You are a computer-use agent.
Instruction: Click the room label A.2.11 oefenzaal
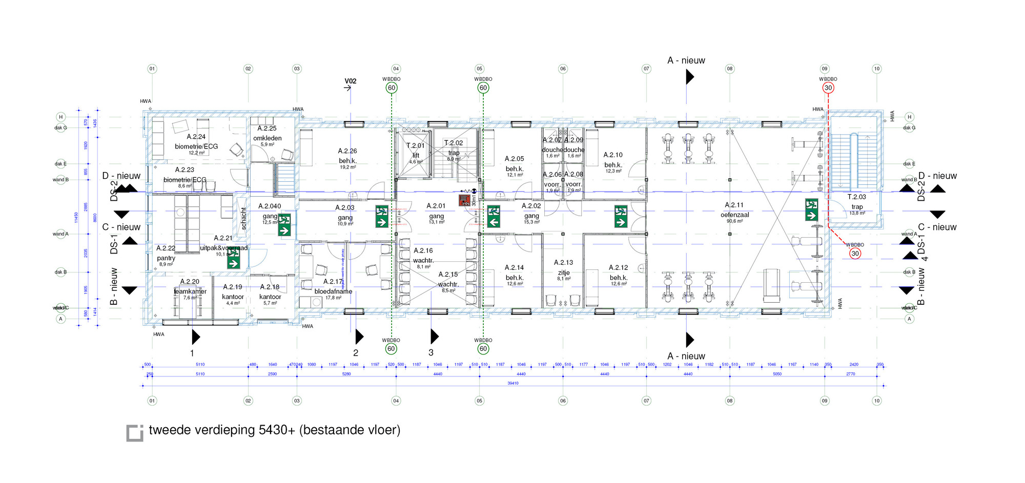(734, 210)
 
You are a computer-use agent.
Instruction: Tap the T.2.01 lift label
(415, 150)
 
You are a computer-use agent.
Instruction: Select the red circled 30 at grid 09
(828, 88)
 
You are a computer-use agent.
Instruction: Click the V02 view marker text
(350, 81)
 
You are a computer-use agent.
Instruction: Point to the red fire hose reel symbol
(465, 199)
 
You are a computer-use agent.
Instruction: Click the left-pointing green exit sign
(494, 217)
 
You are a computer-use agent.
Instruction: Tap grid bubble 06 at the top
(563, 69)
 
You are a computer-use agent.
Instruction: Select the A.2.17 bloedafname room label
(333, 287)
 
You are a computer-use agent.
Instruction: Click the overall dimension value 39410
(512, 383)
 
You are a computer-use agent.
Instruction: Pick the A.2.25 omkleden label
(267, 133)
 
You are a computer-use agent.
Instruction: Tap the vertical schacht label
(243, 218)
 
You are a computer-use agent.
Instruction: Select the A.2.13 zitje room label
(563, 267)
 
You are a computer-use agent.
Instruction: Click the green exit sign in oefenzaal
(811, 209)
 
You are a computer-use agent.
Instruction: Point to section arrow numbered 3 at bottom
(434, 337)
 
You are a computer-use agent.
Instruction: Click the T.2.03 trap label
(856, 202)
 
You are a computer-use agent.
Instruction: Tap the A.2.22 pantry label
(166, 253)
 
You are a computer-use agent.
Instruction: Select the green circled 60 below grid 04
(391, 349)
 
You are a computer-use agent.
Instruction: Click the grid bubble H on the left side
(60, 117)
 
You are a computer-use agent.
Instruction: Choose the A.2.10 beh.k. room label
(613, 159)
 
